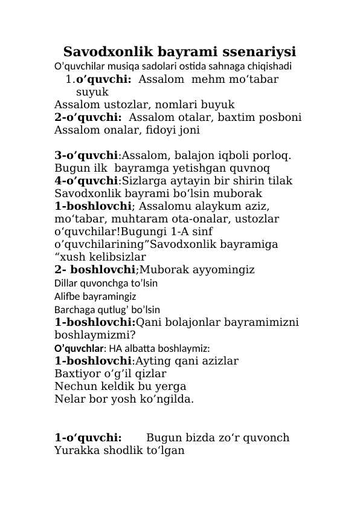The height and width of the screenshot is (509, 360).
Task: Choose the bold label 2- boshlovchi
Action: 94,269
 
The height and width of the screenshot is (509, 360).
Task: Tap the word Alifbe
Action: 66,297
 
